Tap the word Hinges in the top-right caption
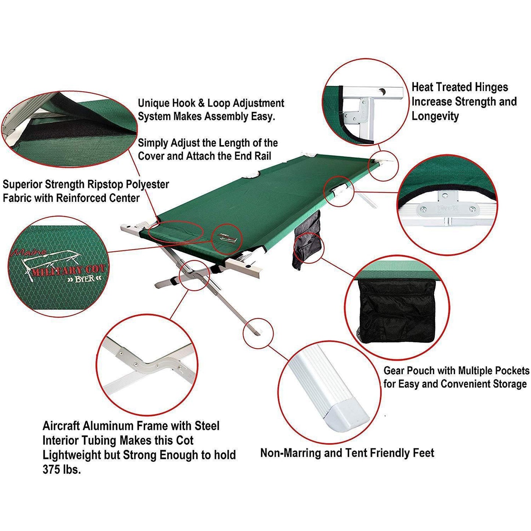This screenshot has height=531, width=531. tap(491, 87)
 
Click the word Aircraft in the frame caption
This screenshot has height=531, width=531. tap(61, 426)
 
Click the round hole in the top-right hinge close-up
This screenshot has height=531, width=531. tap(383, 92)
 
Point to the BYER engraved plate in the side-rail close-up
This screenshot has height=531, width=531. tap(448, 209)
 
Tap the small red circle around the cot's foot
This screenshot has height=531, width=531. tap(258, 333)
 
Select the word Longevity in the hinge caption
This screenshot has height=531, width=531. tap(435, 116)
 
